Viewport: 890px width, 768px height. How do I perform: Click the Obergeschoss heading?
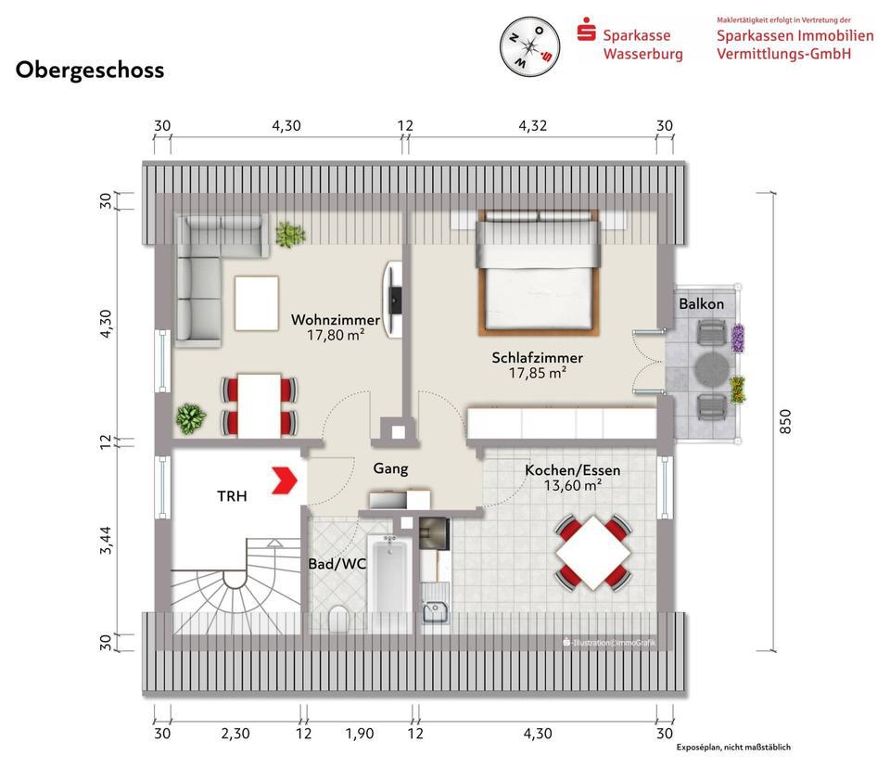[x=90, y=70]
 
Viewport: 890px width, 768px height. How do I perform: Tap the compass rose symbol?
[x=529, y=46]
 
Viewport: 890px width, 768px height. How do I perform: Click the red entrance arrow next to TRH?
[x=285, y=480]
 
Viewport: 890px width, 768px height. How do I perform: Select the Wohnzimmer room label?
[x=335, y=319]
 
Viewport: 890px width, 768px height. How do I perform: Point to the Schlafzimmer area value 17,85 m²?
[x=537, y=373]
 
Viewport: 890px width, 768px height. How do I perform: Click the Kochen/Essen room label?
[x=572, y=469]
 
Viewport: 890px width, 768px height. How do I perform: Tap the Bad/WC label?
[x=337, y=564]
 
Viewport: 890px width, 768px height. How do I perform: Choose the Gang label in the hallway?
[x=390, y=468]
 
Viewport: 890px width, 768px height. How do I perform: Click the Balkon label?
[x=702, y=304]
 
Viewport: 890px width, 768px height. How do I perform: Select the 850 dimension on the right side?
[x=785, y=421]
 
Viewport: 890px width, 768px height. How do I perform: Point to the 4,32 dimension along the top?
[x=532, y=125]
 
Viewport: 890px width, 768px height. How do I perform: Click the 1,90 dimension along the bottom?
[x=360, y=734]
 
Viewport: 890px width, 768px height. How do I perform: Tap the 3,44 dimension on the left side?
[x=106, y=540]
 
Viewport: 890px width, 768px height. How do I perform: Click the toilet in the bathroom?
[x=339, y=619]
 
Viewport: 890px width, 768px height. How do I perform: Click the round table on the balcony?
[x=712, y=370]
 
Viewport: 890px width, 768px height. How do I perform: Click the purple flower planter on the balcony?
[x=737, y=339]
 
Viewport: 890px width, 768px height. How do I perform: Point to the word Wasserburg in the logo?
[x=643, y=54]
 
